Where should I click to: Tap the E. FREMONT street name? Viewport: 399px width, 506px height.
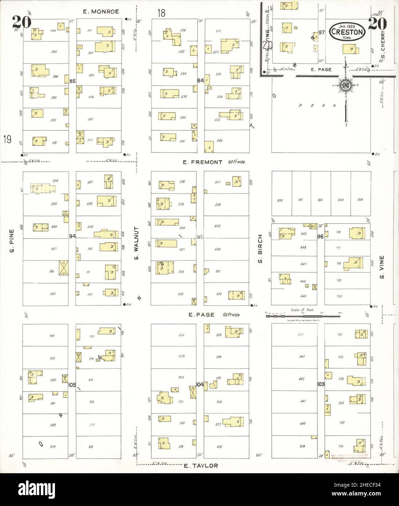click(202, 162)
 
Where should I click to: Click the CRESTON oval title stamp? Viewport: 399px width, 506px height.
click(347, 32)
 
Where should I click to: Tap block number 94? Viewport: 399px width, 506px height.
click(72, 236)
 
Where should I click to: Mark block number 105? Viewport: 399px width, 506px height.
click(72, 384)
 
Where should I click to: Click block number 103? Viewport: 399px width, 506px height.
click(321, 384)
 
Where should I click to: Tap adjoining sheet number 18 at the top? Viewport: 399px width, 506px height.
click(161, 13)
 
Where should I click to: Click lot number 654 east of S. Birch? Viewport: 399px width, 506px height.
click(360, 200)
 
